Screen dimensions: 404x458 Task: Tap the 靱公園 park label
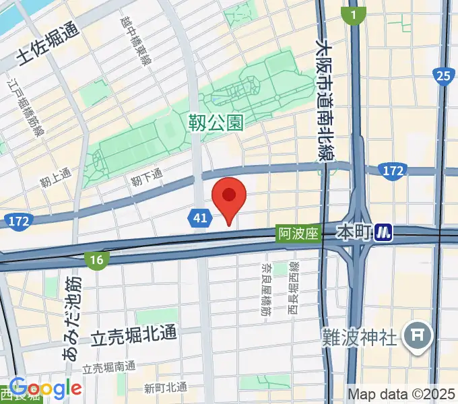click(x=215, y=123)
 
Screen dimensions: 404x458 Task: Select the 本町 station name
click(x=354, y=233)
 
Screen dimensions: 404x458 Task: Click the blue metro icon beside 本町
click(x=384, y=233)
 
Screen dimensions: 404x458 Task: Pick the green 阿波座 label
click(x=297, y=233)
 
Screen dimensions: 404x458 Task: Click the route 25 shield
click(x=443, y=76)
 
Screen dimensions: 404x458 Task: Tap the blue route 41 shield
click(x=198, y=217)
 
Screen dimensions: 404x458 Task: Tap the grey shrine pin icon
click(x=418, y=335)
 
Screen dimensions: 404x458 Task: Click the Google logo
click(x=46, y=388)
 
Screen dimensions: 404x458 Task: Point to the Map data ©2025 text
click(x=401, y=393)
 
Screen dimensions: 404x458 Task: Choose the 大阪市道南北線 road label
click(x=325, y=101)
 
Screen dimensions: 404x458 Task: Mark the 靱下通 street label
click(x=148, y=178)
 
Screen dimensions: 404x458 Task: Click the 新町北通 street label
click(x=166, y=388)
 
